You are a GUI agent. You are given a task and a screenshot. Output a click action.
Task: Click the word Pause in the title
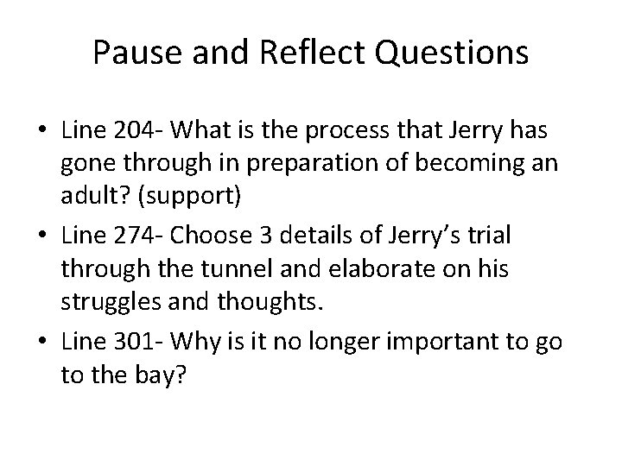click(138, 54)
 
